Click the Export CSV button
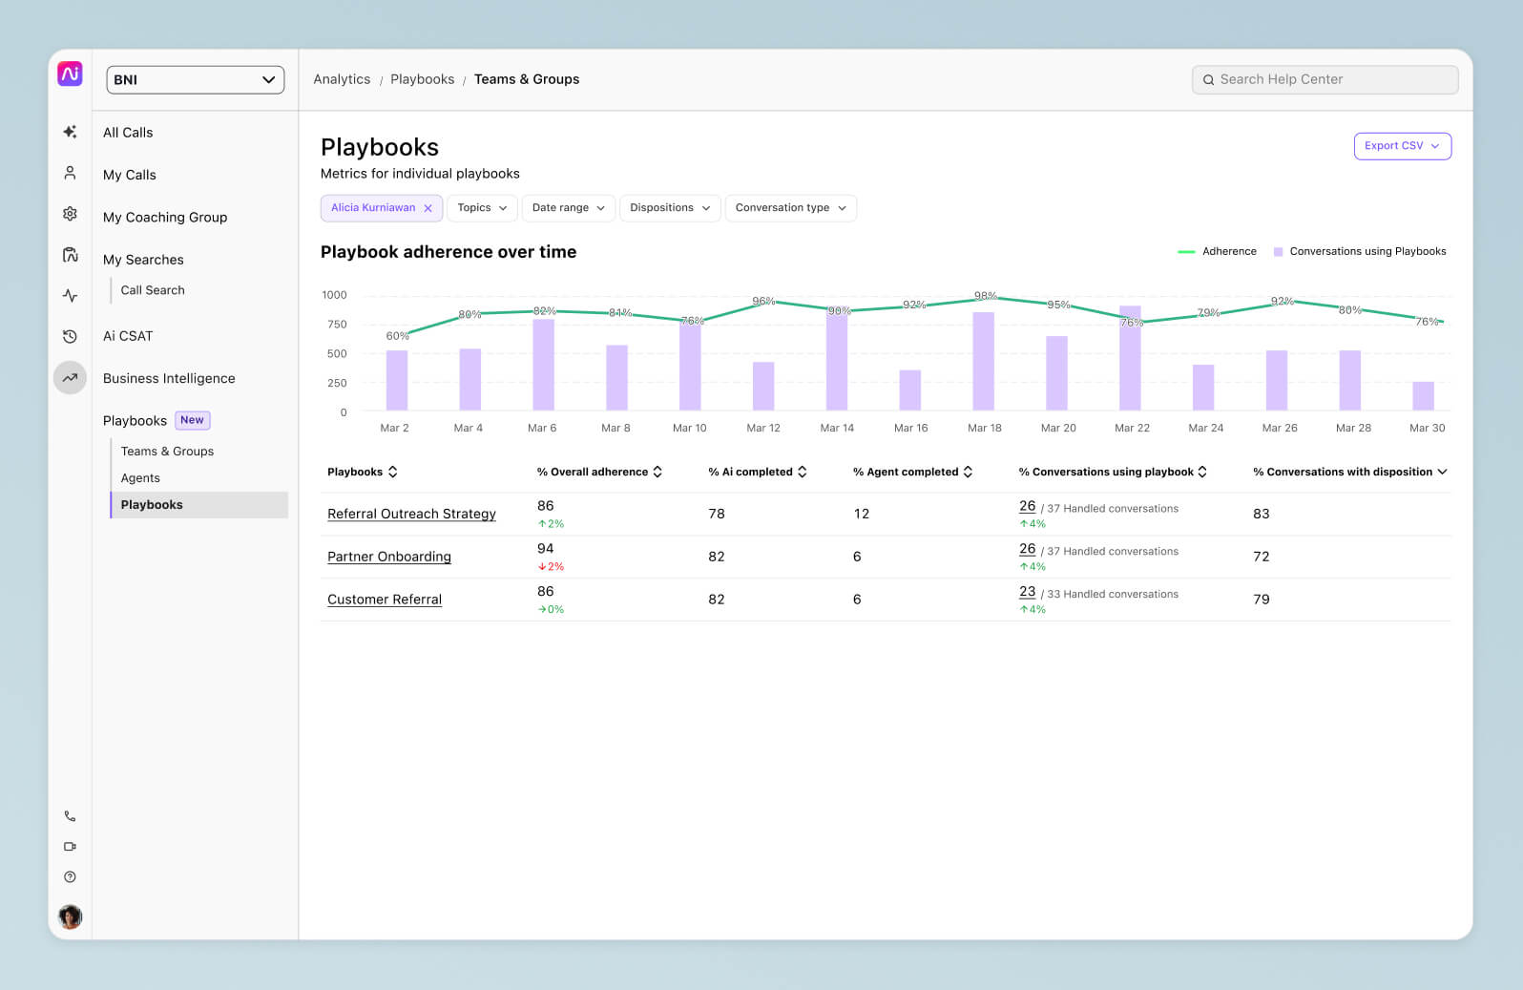1402,146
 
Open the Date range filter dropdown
568,208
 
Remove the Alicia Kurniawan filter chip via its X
428,208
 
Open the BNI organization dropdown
195,80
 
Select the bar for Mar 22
1130,358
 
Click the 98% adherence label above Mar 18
985,296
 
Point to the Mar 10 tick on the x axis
689,428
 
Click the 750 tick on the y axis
337,325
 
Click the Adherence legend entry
1218,252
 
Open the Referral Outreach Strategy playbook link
411,514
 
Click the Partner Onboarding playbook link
388,557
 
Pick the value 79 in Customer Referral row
1261,600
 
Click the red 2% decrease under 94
551,567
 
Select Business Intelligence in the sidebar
169,378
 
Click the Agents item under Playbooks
140,478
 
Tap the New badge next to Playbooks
192,420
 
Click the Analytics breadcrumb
342,79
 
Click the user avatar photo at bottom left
70,916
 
